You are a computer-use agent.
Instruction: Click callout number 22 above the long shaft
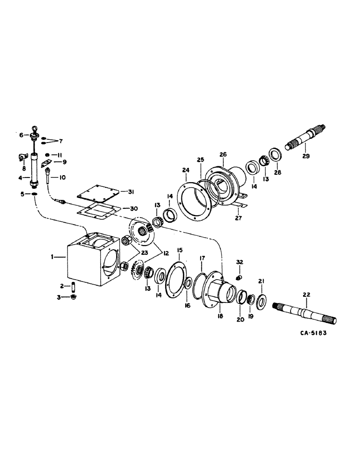click(305, 294)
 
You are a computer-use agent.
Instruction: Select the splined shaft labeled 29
click(306, 138)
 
